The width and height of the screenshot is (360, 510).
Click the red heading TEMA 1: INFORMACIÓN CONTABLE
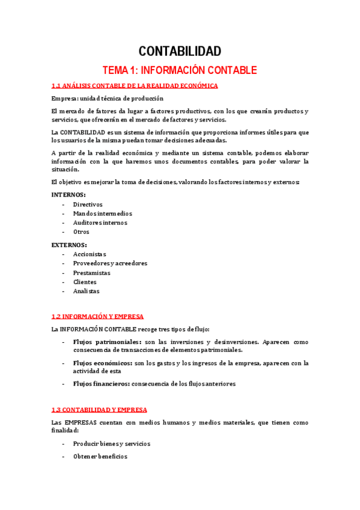180,70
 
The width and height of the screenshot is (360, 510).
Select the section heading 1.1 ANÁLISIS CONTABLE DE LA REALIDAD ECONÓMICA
135,86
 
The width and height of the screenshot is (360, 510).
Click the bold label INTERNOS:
69,195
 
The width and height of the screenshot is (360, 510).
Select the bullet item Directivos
88,204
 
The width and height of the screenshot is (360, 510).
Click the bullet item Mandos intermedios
103,214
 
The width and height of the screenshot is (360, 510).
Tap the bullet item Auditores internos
100,223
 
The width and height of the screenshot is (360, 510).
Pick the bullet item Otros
81,232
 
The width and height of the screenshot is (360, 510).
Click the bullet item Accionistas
90,254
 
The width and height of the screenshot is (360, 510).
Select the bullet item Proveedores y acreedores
110,263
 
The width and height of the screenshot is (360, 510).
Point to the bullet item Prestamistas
92,272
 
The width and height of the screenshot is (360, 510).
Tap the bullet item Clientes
85,281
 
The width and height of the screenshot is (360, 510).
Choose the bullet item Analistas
87,291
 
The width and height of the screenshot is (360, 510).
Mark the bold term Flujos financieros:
101,384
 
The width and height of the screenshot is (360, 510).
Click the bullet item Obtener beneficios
100,456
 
